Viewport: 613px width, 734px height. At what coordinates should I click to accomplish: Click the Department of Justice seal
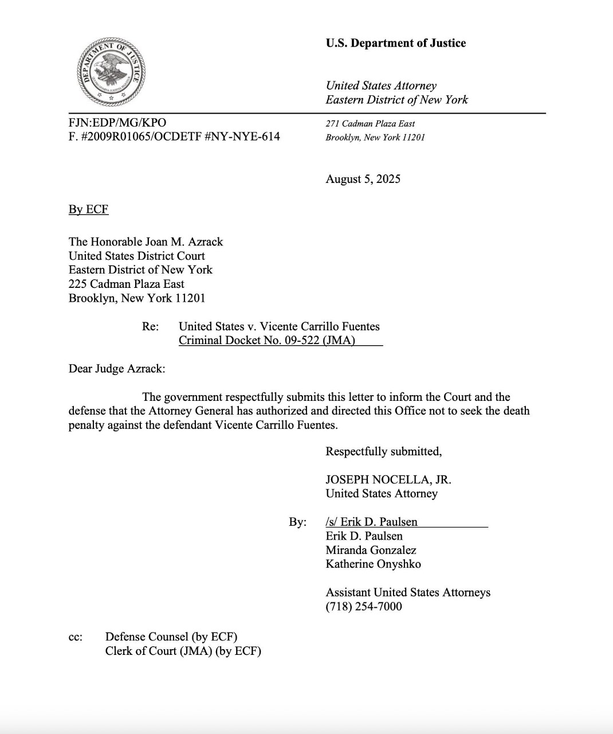click(x=112, y=73)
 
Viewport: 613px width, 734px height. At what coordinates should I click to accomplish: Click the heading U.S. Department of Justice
click(x=395, y=43)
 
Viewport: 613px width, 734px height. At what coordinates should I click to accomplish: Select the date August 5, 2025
click(x=363, y=179)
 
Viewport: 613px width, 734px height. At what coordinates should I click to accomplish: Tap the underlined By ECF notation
click(x=88, y=209)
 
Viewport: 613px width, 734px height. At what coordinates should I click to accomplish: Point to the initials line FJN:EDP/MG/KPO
click(x=117, y=122)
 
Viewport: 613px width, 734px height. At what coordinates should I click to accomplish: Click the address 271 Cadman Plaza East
click(x=370, y=124)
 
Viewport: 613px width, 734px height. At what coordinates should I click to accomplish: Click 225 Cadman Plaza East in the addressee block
click(x=126, y=284)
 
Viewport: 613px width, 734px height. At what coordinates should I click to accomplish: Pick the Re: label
click(x=150, y=327)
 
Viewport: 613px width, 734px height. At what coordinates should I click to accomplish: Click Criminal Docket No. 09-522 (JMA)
click(x=267, y=341)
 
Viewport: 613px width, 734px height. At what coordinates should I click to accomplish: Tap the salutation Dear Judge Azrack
click(x=116, y=369)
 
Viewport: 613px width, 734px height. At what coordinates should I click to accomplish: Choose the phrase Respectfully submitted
click(x=383, y=452)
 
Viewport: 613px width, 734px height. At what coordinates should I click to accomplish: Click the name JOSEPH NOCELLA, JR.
click(x=388, y=480)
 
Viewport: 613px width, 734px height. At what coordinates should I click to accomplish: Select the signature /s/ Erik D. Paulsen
click(x=371, y=522)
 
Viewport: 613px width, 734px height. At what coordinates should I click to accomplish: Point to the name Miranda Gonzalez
click(x=371, y=550)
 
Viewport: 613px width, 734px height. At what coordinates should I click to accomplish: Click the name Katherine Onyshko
click(x=373, y=564)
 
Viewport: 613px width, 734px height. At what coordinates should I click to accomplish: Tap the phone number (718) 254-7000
click(x=364, y=607)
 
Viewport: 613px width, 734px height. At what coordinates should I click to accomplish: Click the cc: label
click(x=75, y=637)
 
